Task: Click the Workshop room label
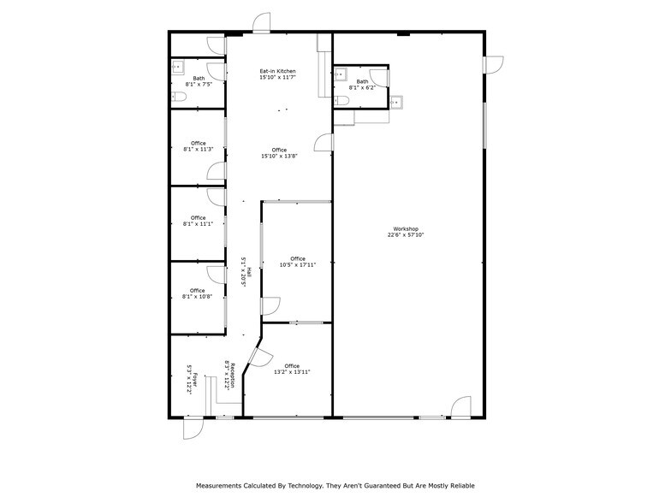[x=405, y=228]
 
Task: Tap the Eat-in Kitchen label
[x=279, y=71]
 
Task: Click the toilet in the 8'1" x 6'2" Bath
[x=341, y=101]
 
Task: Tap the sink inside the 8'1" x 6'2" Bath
[x=341, y=74]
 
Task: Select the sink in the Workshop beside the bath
[x=395, y=103]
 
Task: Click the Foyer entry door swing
[x=193, y=428]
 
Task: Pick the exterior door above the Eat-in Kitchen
[x=262, y=23]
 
